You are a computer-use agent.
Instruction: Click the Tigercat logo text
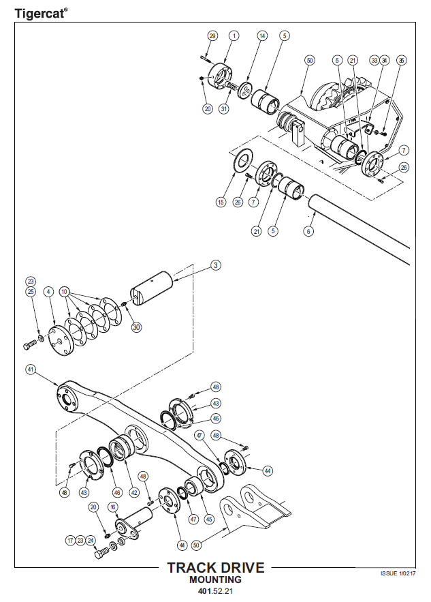click(41, 14)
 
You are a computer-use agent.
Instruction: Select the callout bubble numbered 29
click(212, 35)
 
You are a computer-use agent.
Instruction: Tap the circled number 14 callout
click(262, 35)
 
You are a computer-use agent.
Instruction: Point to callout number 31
click(224, 108)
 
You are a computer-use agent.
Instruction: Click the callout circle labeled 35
click(401, 60)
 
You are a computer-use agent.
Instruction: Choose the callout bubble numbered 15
click(221, 202)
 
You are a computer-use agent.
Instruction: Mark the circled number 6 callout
click(308, 230)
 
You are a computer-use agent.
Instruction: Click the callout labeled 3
click(216, 265)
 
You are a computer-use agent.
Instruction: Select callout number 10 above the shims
click(64, 292)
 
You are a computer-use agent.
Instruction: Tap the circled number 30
click(136, 327)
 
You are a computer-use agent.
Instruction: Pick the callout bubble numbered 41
click(31, 370)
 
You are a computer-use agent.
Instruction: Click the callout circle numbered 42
click(134, 492)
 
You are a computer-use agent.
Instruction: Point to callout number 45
click(209, 519)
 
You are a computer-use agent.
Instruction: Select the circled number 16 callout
click(113, 507)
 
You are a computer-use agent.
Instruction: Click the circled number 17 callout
click(71, 541)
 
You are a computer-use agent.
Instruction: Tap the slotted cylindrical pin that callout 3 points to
click(151, 288)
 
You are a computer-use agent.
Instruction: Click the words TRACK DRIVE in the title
click(216, 568)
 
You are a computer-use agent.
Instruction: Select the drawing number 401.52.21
click(215, 591)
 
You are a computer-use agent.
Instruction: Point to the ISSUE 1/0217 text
click(398, 573)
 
